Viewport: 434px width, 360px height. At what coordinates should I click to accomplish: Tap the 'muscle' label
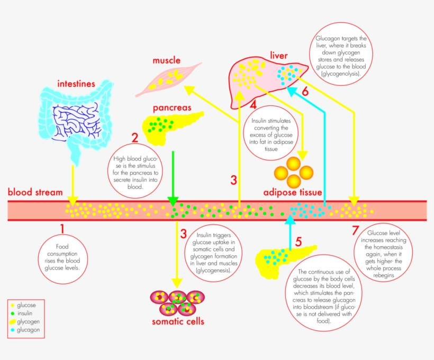[x=167, y=60]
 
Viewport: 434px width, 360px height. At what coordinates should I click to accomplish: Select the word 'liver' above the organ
[x=278, y=55]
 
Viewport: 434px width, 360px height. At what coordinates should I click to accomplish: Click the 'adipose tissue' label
[x=293, y=193]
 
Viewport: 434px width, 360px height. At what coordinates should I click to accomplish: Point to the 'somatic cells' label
[x=178, y=321]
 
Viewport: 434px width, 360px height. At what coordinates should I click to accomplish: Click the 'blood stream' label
[x=35, y=192]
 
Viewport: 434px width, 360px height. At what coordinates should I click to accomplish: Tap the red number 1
[x=62, y=229]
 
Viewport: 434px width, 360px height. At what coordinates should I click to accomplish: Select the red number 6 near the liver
[x=305, y=91]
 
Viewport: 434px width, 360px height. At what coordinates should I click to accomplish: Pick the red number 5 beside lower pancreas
[x=298, y=242]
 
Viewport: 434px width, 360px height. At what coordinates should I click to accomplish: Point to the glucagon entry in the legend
[x=28, y=330]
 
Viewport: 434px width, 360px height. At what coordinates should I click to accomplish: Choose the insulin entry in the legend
[x=25, y=313]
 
